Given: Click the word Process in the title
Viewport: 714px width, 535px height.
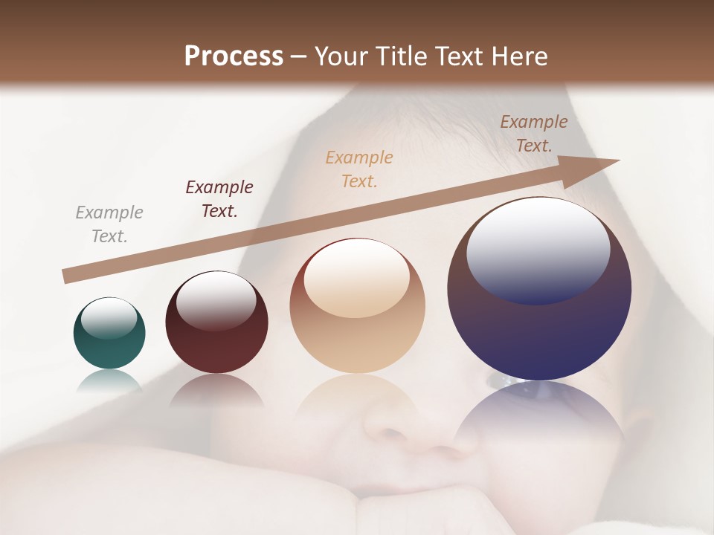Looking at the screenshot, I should coord(234,56).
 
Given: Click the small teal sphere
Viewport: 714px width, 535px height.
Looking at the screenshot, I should coord(109,333).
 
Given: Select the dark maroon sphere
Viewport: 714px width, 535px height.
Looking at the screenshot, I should coord(216,322).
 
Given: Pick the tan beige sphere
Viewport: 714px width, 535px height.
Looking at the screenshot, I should coord(357,306).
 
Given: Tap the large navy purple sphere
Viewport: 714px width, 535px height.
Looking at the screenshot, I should coord(539,288).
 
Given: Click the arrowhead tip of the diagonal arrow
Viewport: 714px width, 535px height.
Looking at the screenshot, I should coord(617,160).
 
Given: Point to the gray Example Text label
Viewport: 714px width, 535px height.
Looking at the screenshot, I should coord(109,224).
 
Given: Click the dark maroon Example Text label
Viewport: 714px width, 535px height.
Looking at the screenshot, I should coord(219,199).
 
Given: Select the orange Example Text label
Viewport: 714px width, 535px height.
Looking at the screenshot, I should coord(359,169).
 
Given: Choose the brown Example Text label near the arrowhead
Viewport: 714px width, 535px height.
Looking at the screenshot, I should coord(534,134).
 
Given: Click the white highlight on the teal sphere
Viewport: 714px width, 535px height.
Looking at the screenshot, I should coord(109,318).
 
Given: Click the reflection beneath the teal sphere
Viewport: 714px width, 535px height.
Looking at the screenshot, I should coord(109,380).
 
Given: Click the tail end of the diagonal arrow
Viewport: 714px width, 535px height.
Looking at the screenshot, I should coord(67,276).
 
